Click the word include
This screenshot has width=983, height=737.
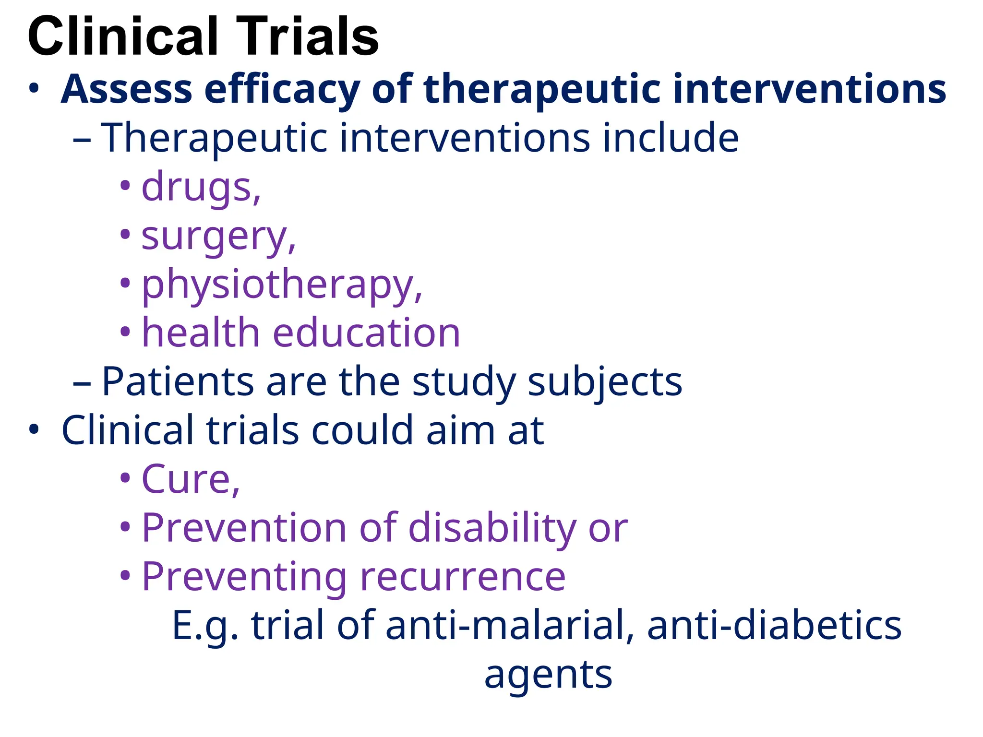click(x=671, y=138)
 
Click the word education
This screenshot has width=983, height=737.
click(x=366, y=333)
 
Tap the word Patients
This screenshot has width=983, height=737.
click(x=178, y=382)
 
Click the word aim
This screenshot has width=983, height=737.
click(x=460, y=430)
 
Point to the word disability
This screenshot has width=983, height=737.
click(x=492, y=529)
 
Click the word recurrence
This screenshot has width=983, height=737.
click(x=463, y=577)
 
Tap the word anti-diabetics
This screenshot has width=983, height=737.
click(x=774, y=625)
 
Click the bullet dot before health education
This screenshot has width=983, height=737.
click(x=125, y=332)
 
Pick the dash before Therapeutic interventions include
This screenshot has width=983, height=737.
click(x=82, y=141)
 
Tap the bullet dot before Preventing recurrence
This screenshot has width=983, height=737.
click(x=125, y=575)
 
